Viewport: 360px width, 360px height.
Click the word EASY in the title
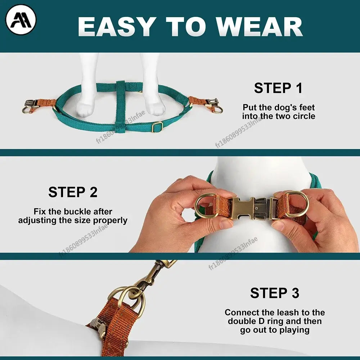(x=116, y=27)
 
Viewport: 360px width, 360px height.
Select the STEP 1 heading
(x=278, y=88)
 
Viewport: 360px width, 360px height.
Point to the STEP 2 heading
(x=73, y=192)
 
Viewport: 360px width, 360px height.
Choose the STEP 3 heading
(x=275, y=293)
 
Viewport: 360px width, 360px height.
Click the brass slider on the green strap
(x=157, y=127)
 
